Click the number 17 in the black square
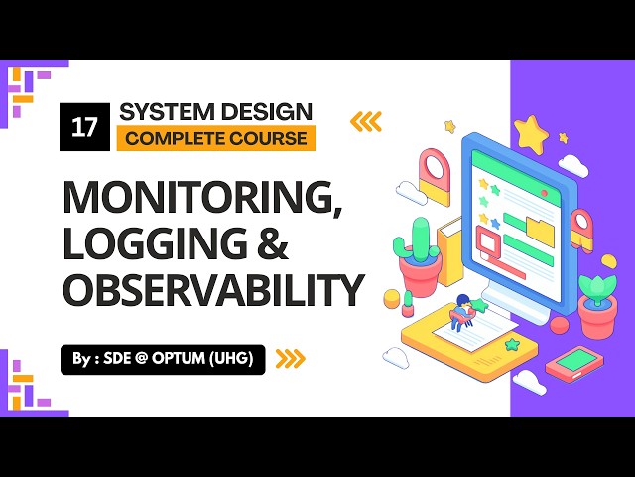click(84, 126)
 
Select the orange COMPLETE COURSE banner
click(215, 138)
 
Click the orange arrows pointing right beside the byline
click(290, 358)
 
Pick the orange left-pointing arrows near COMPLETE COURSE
click(365, 122)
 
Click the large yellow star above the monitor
click(531, 133)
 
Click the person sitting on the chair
click(462, 310)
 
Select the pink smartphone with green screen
click(573, 364)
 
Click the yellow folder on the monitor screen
click(540, 229)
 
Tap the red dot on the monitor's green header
click(478, 156)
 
